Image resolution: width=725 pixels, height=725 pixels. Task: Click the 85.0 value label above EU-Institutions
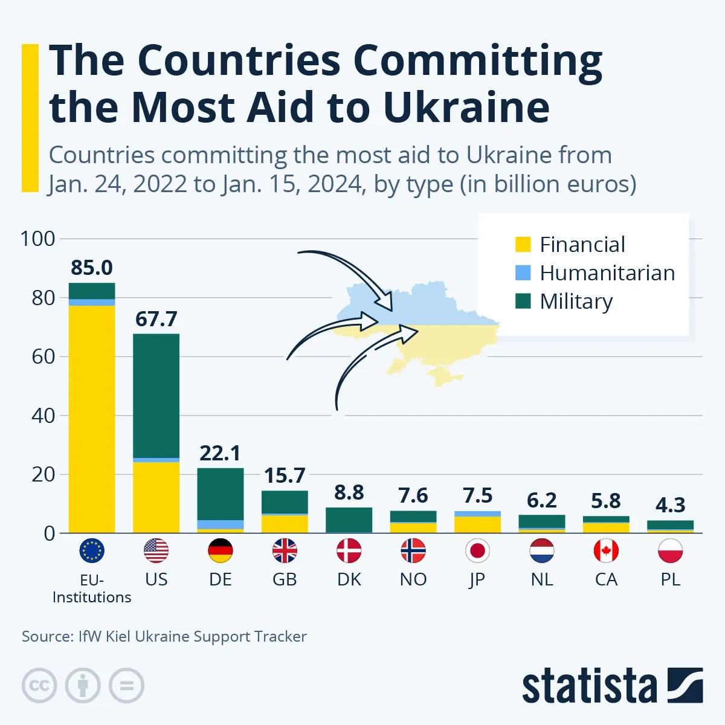92,268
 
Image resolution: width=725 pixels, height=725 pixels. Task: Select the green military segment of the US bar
156,396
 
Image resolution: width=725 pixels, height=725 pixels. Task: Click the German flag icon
221,550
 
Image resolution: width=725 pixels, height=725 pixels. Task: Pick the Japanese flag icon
477,550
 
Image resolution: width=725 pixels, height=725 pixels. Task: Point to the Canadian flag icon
606,550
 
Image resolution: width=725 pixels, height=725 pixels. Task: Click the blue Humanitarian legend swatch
523,272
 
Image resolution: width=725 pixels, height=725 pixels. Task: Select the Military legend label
576,301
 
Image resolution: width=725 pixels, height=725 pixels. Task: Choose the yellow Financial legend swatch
523,244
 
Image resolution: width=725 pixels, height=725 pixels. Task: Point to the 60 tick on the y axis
43,356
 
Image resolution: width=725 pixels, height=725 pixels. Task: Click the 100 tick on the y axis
37,239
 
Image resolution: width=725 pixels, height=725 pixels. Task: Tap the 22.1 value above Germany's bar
221,453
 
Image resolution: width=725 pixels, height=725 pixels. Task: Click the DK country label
349,579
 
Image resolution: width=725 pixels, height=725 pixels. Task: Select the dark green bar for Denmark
349,520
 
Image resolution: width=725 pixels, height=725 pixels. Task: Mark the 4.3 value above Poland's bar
670,504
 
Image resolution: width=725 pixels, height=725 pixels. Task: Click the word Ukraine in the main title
466,108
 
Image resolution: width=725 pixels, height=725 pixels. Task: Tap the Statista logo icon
685,685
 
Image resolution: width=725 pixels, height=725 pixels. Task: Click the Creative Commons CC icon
39,686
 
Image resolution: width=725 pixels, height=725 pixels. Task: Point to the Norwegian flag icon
413,550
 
